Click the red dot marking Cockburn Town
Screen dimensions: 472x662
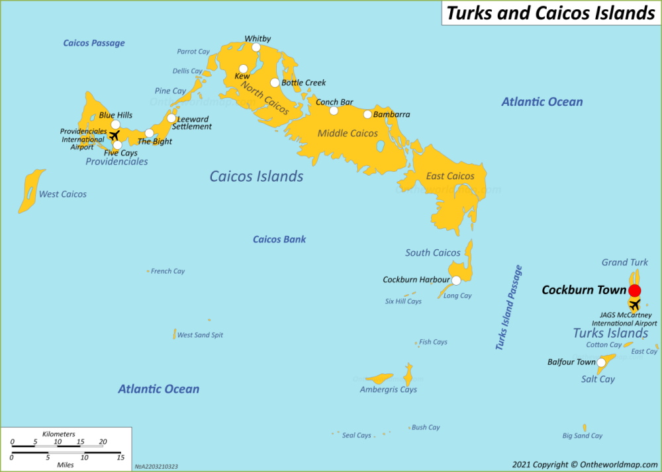[634, 290]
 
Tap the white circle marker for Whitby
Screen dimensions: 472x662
[256, 47]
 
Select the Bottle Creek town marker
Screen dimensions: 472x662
[275, 83]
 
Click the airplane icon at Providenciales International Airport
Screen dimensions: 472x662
[114, 136]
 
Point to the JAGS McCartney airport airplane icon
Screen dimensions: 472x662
[634, 305]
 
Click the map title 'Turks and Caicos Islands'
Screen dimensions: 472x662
[550, 13]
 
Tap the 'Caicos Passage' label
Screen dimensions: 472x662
[94, 43]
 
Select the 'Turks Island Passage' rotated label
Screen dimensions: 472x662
[509, 307]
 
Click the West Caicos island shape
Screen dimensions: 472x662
[30, 191]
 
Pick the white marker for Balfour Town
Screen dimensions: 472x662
[601, 362]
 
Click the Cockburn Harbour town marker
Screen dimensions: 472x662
[456, 280]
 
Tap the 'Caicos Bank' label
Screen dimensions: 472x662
[279, 239]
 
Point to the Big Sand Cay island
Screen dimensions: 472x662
[585, 428]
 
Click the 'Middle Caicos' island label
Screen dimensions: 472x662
[348, 134]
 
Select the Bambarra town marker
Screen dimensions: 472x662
[367, 114]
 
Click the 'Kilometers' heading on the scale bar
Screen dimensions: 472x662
[58, 434]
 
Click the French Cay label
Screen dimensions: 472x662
[167, 271]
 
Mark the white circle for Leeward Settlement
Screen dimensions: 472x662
[171, 119]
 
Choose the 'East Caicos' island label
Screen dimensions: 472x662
[450, 176]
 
